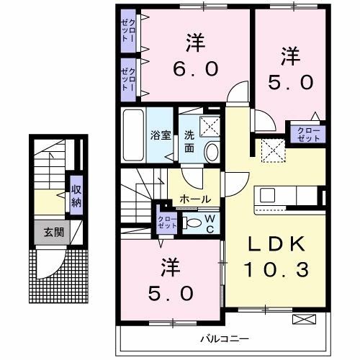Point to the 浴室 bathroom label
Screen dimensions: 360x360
click(158, 135)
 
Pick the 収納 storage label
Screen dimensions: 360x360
click(76, 194)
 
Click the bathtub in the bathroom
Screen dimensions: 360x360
click(133, 135)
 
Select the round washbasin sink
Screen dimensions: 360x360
click(212, 150)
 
